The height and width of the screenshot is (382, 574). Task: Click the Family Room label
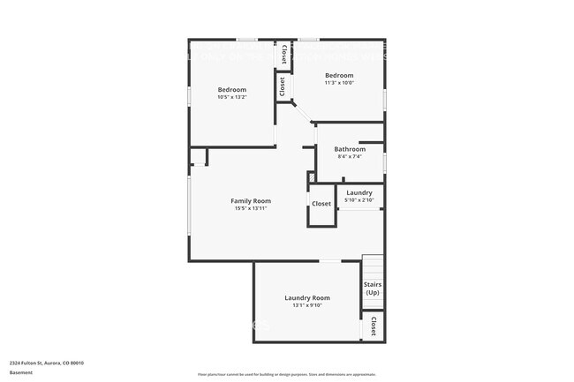tap(251, 201)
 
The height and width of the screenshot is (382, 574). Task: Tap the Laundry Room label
tap(307, 298)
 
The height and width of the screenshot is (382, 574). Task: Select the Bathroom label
tap(350, 149)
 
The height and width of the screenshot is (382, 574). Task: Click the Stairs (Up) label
tap(373, 288)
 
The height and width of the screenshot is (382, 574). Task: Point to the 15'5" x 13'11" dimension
tap(251, 209)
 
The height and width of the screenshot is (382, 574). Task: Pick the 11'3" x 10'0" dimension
tap(339, 84)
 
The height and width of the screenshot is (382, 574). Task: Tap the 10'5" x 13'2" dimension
tap(232, 97)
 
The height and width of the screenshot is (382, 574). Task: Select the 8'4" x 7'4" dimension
tap(350, 157)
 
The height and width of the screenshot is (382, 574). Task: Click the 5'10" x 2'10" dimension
tap(359, 200)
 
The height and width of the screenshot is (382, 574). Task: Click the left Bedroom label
tap(232, 89)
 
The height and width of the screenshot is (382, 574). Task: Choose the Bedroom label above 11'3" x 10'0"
tap(339, 76)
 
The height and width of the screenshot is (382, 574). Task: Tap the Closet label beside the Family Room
tap(321, 204)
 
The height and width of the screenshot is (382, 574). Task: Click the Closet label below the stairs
tap(374, 325)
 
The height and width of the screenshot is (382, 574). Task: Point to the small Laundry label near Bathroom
tap(359, 192)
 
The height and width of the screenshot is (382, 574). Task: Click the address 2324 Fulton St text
tap(47, 363)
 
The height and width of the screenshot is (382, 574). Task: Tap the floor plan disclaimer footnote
tap(287, 374)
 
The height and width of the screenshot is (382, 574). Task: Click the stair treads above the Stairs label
tap(373, 266)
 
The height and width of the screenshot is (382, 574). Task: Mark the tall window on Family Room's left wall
tap(189, 204)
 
